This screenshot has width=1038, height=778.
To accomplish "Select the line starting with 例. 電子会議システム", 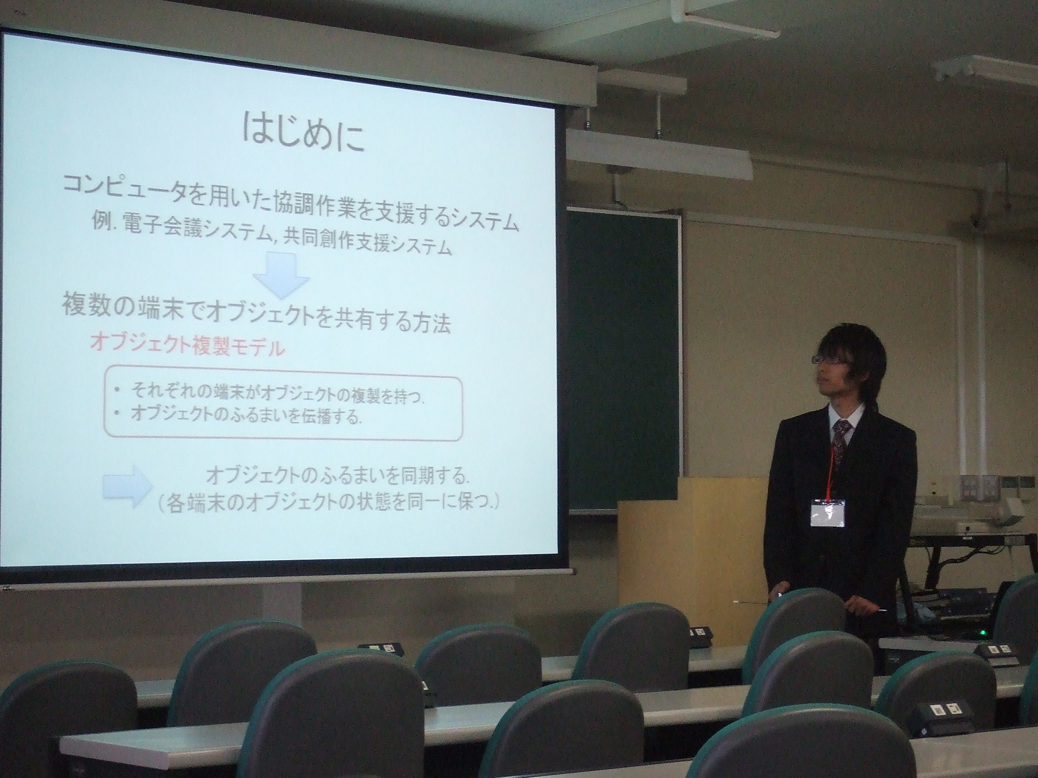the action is [272, 240].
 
